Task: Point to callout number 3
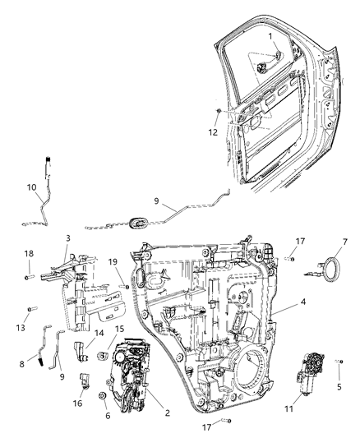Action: click(69, 237)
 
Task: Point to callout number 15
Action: click(121, 329)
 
